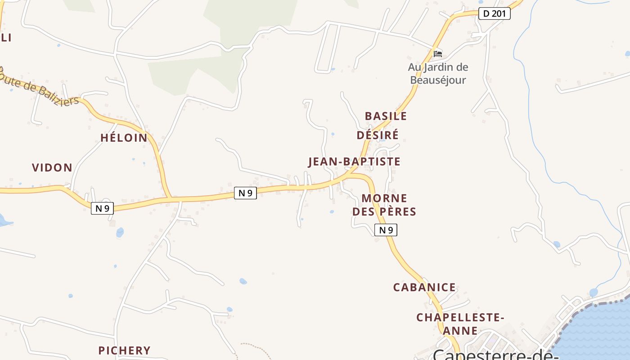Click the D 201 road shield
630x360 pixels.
click(x=494, y=13)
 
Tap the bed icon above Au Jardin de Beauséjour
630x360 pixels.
click(x=437, y=54)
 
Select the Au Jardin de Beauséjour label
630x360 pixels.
click(x=438, y=74)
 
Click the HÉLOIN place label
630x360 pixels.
click(x=124, y=138)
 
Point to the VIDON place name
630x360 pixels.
click(x=52, y=168)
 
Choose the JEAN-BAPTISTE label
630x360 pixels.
click(x=354, y=162)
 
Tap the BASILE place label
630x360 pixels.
click(x=386, y=116)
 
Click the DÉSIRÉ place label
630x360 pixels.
click(x=378, y=135)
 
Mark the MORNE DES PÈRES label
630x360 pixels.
click(x=384, y=205)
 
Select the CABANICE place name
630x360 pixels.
click(x=424, y=288)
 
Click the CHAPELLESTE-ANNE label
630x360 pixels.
click(x=460, y=324)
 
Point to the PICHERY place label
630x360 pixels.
click(x=124, y=351)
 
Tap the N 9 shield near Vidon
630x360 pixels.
click(x=102, y=208)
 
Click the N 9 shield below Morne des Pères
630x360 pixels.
click(x=386, y=230)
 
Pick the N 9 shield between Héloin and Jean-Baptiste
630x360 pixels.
click(x=245, y=193)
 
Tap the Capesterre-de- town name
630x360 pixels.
click(x=495, y=355)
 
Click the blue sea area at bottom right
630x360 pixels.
click(x=598, y=333)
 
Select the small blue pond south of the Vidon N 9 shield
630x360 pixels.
click(x=120, y=232)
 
